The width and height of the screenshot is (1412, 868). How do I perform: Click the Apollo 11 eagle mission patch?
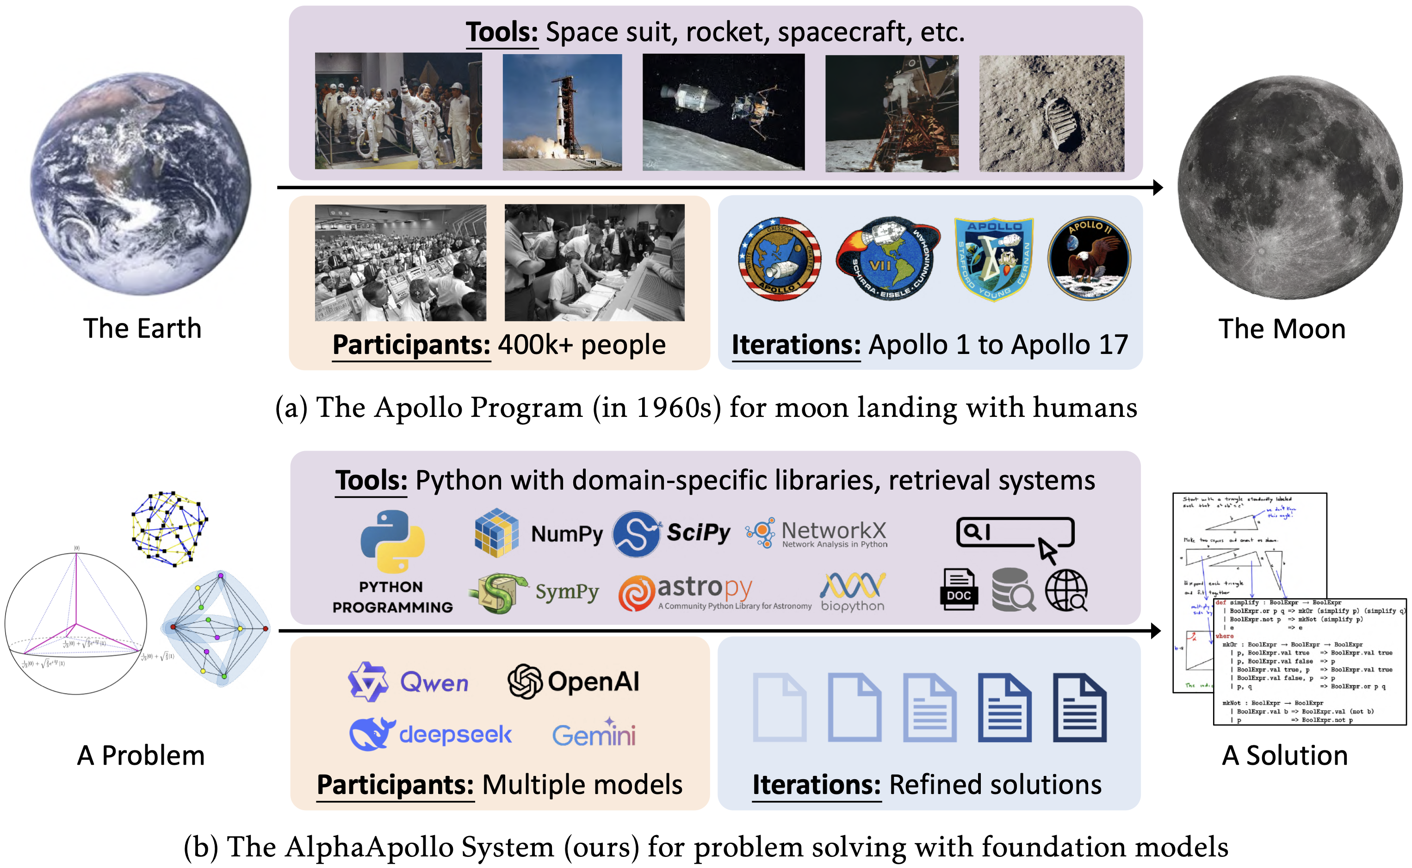(x=1089, y=258)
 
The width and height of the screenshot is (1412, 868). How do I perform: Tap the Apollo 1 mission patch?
(x=780, y=258)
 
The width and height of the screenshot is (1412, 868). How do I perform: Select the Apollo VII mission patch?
(x=886, y=258)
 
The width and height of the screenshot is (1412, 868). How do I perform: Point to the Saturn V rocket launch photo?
(x=562, y=112)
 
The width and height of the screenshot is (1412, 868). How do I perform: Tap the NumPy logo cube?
(x=496, y=532)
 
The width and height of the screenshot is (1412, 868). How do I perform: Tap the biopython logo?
(x=852, y=591)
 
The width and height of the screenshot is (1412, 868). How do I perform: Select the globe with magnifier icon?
(x=1066, y=590)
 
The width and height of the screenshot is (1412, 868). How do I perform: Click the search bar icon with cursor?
(x=1015, y=537)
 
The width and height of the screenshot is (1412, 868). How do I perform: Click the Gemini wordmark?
(x=594, y=734)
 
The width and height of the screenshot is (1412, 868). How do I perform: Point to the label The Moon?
(x=1282, y=329)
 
